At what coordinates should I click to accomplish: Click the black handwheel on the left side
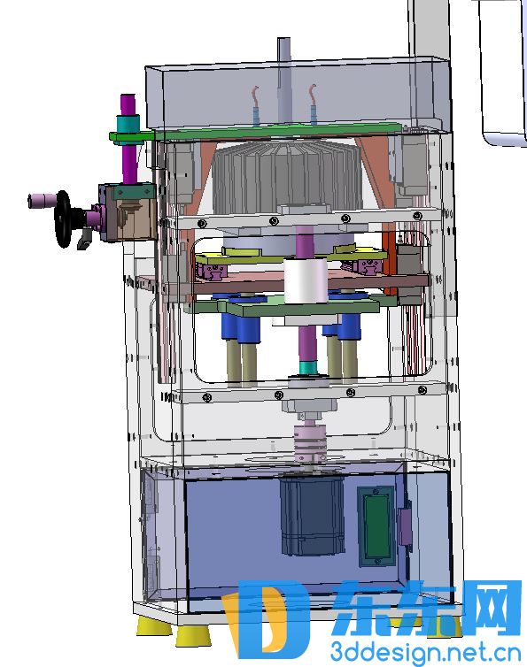[x=63, y=218]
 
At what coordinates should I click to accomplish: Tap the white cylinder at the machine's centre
[x=306, y=280]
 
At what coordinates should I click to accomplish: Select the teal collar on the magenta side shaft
[x=128, y=123]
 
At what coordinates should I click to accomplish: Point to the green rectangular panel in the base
[x=376, y=526]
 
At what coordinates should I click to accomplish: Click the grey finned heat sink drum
[x=286, y=178]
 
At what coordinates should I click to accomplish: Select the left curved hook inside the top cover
[x=255, y=104]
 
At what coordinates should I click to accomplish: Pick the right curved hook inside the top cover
[x=313, y=103]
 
